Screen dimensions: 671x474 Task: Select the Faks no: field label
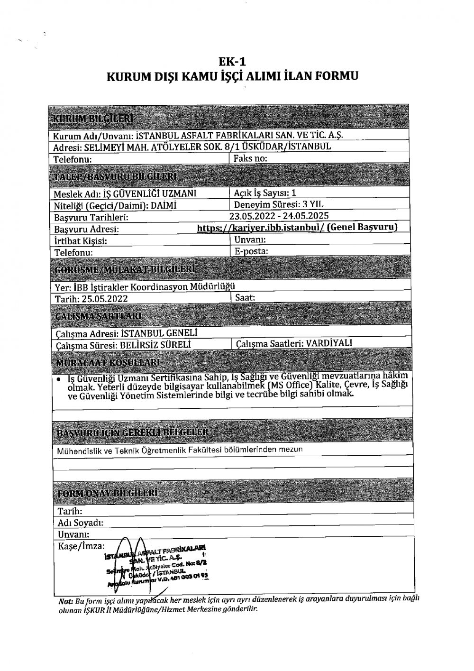coord(250,158)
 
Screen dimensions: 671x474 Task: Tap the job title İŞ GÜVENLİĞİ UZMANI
coord(150,194)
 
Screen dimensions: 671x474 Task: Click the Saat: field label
coord(246,298)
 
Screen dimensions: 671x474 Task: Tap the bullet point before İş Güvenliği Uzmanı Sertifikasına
coord(57,380)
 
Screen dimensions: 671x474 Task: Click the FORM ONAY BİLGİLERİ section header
coord(107,494)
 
